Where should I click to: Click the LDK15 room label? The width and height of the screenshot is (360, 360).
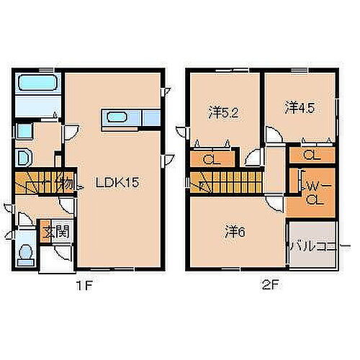tap(117, 183)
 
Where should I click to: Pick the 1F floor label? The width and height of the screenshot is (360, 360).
tap(85, 285)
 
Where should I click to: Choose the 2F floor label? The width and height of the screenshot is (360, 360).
tap(270, 285)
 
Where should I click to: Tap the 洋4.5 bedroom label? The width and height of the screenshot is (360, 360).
tap(300, 107)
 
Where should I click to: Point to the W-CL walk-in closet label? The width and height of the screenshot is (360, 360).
tap(314, 192)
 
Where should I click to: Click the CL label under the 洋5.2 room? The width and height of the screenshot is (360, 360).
tap(211, 160)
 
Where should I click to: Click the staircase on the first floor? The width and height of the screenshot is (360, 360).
tap(40, 184)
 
